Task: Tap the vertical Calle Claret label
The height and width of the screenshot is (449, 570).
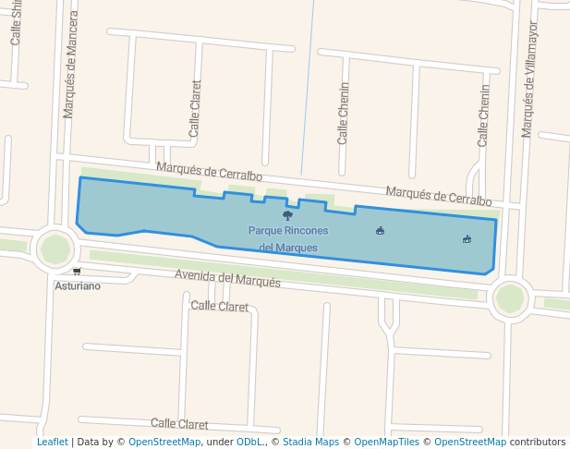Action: click(195, 109)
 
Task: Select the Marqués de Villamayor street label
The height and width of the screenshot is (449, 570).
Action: click(528, 79)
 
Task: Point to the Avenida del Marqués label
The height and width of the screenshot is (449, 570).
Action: click(227, 278)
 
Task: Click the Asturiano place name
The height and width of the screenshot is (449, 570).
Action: click(78, 285)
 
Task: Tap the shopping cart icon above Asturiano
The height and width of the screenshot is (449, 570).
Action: click(76, 272)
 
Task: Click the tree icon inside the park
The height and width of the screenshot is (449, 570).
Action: click(287, 215)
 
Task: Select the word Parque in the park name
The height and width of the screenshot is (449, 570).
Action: click(264, 230)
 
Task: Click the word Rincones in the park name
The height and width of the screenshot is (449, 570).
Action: click(306, 230)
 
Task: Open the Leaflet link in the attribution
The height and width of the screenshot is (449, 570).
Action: click(52, 442)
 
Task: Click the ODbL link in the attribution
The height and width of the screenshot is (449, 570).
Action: click(249, 442)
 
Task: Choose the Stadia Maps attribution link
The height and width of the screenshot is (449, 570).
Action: click(310, 442)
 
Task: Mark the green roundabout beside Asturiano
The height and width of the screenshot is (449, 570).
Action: click(55, 249)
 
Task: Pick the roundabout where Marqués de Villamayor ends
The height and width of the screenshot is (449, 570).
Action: click(510, 298)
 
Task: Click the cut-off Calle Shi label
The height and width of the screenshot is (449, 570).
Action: click(16, 23)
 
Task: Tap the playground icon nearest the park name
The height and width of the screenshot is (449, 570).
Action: click(380, 230)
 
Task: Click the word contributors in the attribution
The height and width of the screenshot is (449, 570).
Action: click(538, 442)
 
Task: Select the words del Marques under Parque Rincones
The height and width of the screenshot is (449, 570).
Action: click(288, 248)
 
